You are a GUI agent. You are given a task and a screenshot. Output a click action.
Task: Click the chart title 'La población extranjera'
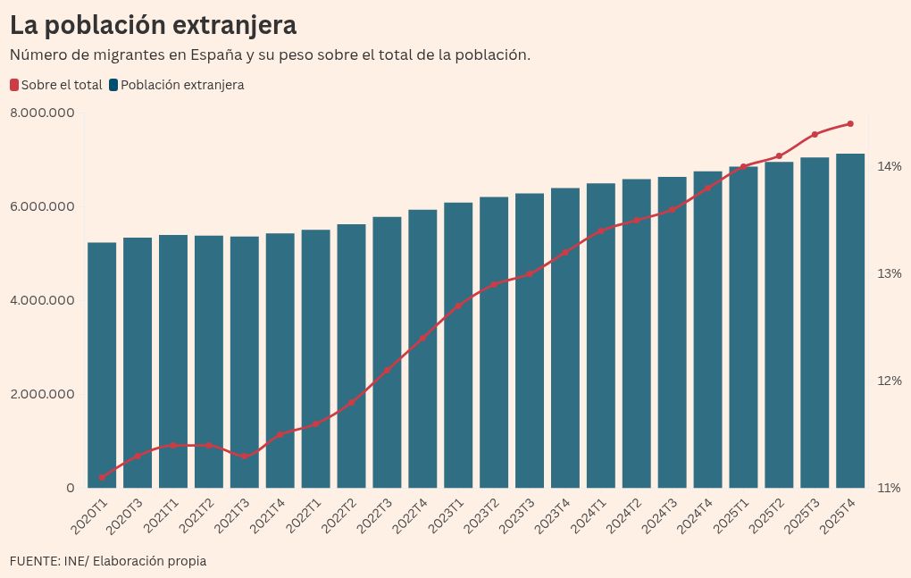[153, 25]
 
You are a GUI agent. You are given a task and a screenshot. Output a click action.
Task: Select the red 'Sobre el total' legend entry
[56, 85]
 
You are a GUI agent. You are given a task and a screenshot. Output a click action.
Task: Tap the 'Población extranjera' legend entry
[176, 85]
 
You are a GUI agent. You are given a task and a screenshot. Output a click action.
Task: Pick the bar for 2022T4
[422, 348]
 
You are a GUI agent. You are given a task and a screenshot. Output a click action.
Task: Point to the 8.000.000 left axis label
[42, 113]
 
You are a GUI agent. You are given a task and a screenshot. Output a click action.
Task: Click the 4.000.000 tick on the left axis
[42, 300]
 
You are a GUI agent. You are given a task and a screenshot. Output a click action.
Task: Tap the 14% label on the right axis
[889, 166]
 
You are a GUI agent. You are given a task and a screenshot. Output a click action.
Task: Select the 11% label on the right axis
[889, 488]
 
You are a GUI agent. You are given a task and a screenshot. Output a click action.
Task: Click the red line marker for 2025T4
[850, 123]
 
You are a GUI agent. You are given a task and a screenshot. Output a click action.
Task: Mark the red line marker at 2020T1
[102, 477]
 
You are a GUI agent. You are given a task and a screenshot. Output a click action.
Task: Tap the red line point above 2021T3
[245, 456]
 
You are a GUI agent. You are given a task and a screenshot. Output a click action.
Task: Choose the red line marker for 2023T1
[458, 306]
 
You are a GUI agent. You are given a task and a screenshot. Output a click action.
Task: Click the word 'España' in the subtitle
[216, 54]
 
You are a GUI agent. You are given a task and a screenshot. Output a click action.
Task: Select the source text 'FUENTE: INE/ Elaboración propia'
[108, 561]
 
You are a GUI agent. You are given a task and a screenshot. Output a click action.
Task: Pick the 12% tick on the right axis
[889, 381]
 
